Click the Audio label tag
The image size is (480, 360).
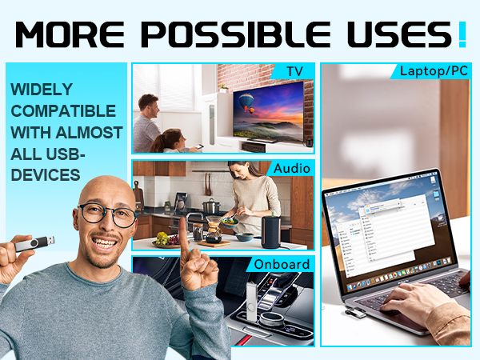tap(292, 169)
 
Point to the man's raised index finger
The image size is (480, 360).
tap(182, 227)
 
